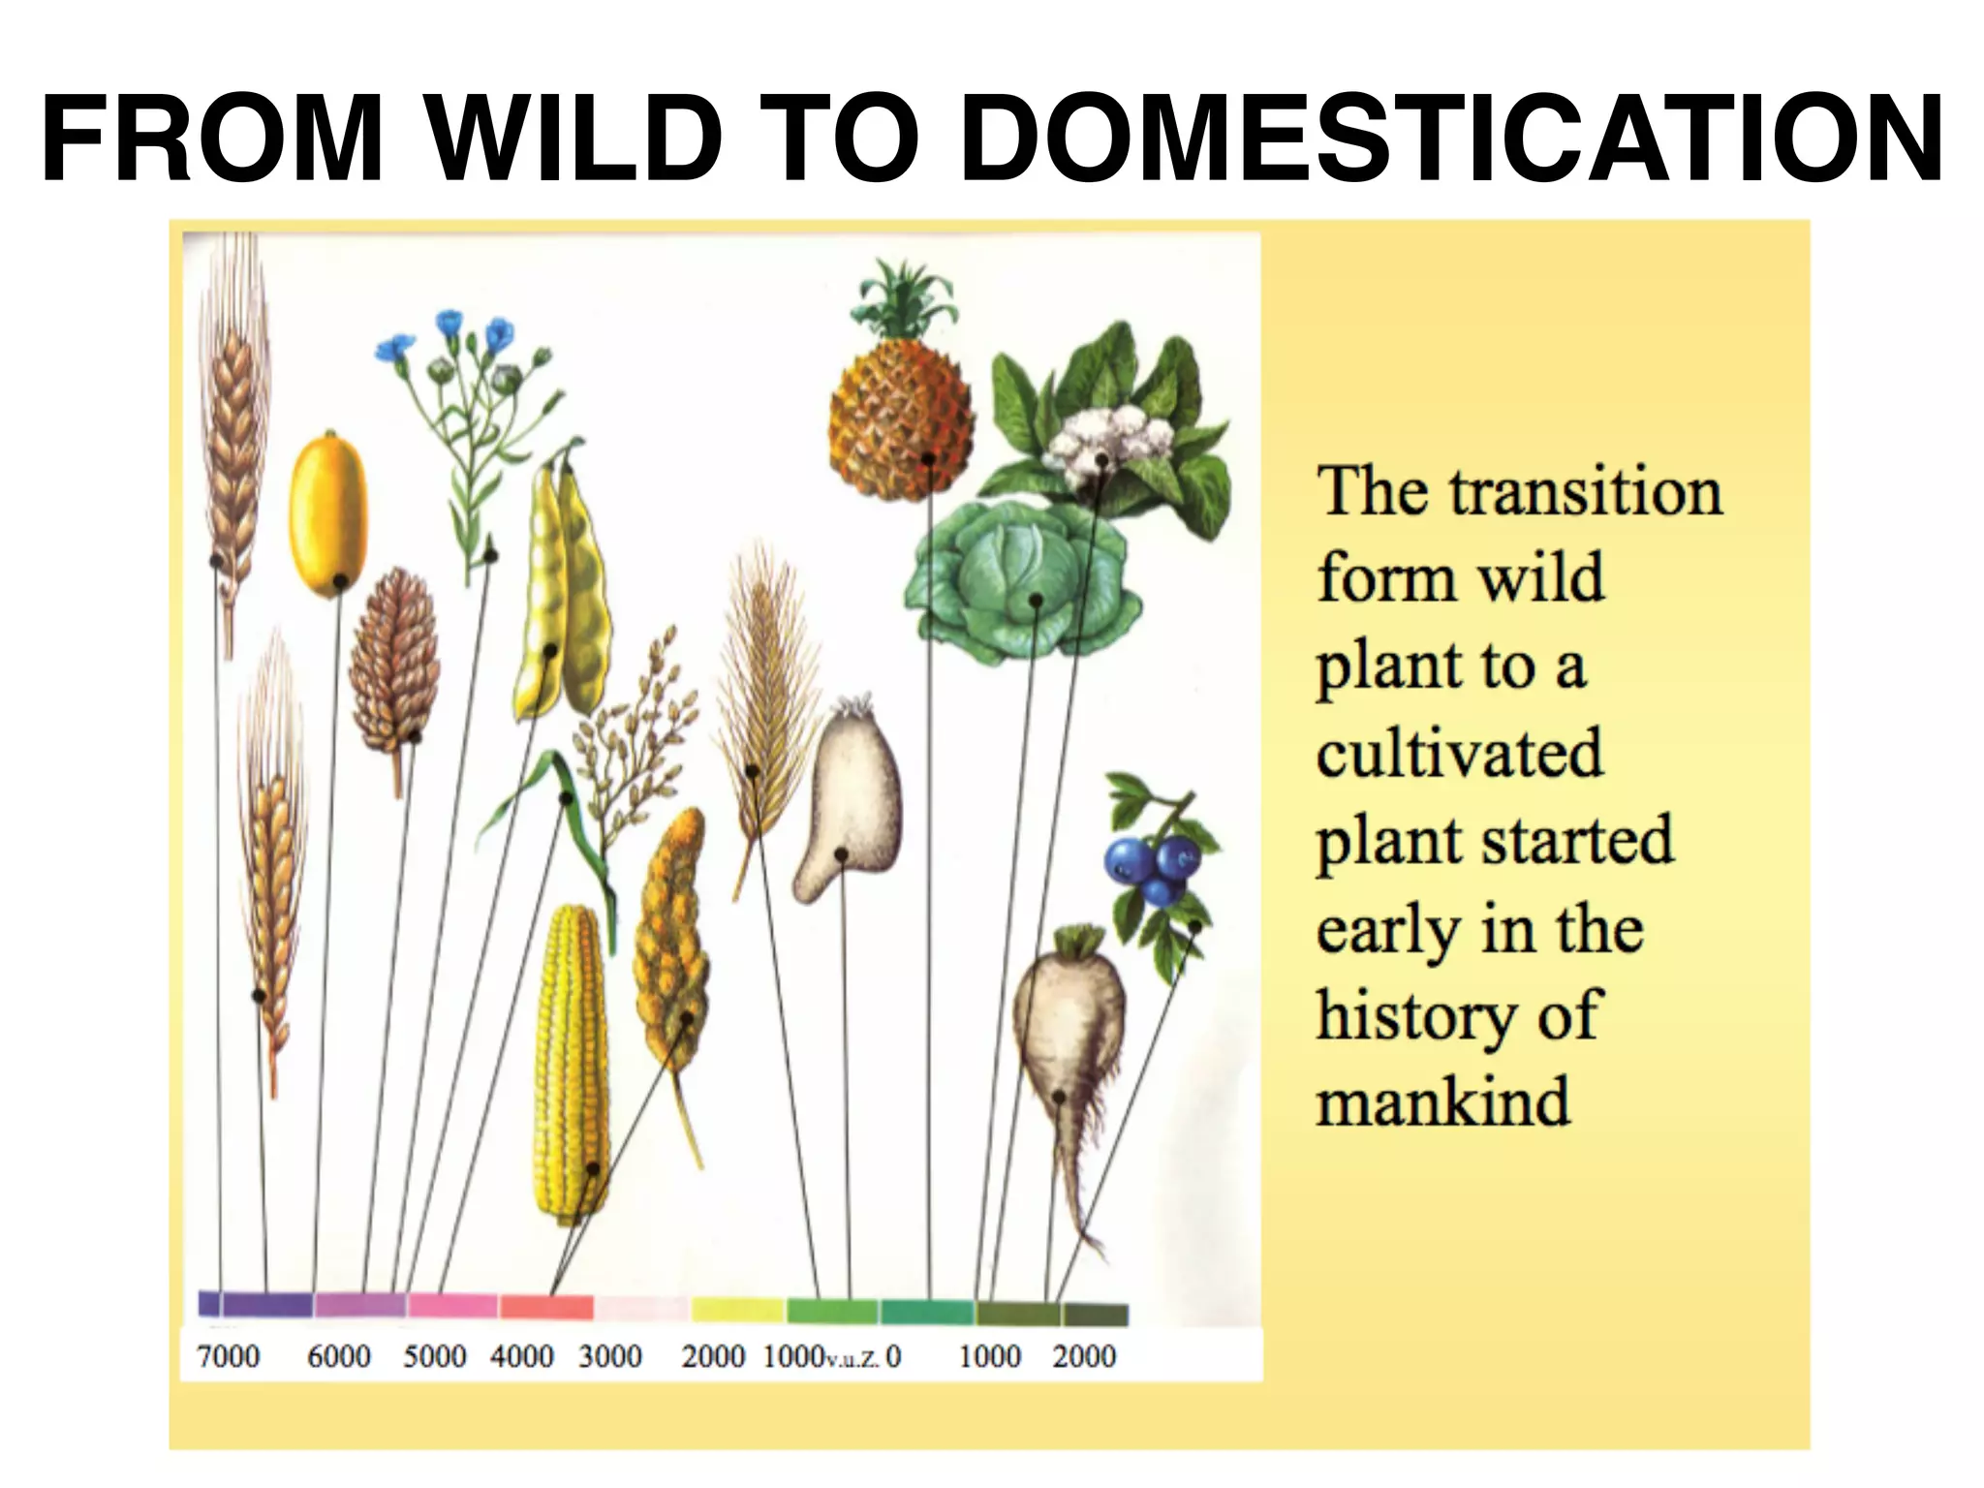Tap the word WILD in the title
tap(574, 139)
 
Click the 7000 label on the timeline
tap(228, 1355)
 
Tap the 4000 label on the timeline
tap(521, 1355)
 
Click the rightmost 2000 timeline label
tap(1084, 1355)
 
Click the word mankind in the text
tap(1442, 1102)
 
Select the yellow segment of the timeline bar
tap(737, 1310)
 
